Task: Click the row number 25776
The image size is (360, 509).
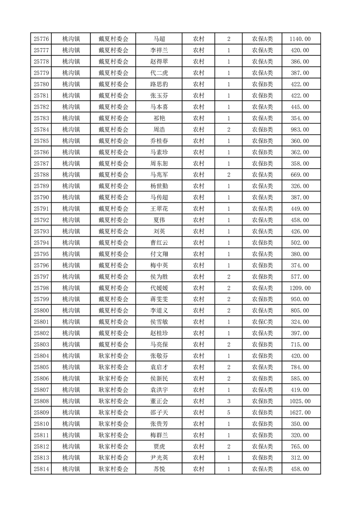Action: pyautogui.click(x=41, y=39)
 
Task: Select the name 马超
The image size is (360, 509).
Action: pyautogui.click(x=159, y=39)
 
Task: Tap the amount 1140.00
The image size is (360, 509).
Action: pyautogui.click(x=300, y=39)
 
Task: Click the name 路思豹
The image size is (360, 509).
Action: pyautogui.click(x=159, y=84)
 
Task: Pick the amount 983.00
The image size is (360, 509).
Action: pyautogui.click(x=300, y=130)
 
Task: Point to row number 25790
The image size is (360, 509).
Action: pyautogui.click(x=41, y=198)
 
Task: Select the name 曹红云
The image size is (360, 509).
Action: pyautogui.click(x=159, y=243)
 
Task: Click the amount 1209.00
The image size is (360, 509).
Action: pyautogui.click(x=300, y=288)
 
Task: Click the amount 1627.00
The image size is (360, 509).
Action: pyautogui.click(x=300, y=412)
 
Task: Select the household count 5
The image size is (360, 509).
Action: pyautogui.click(x=228, y=412)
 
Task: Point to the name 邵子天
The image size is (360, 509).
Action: pyautogui.click(x=159, y=412)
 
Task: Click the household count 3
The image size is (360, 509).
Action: pyautogui.click(x=228, y=401)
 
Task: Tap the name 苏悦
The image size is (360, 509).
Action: pyautogui.click(x=159, y=469)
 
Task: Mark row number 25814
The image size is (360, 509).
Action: pyautogui.click(x=41, y=469)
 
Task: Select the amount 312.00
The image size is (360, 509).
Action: pyautogui.click(x=300, y=458)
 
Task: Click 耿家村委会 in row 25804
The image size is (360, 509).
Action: pyautogui.click(x=113, y=356)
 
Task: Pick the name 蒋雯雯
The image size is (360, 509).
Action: pyautogui.click(x=159, y=299)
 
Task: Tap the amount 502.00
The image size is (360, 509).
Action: pyautogui.click(x=300, y=243)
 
